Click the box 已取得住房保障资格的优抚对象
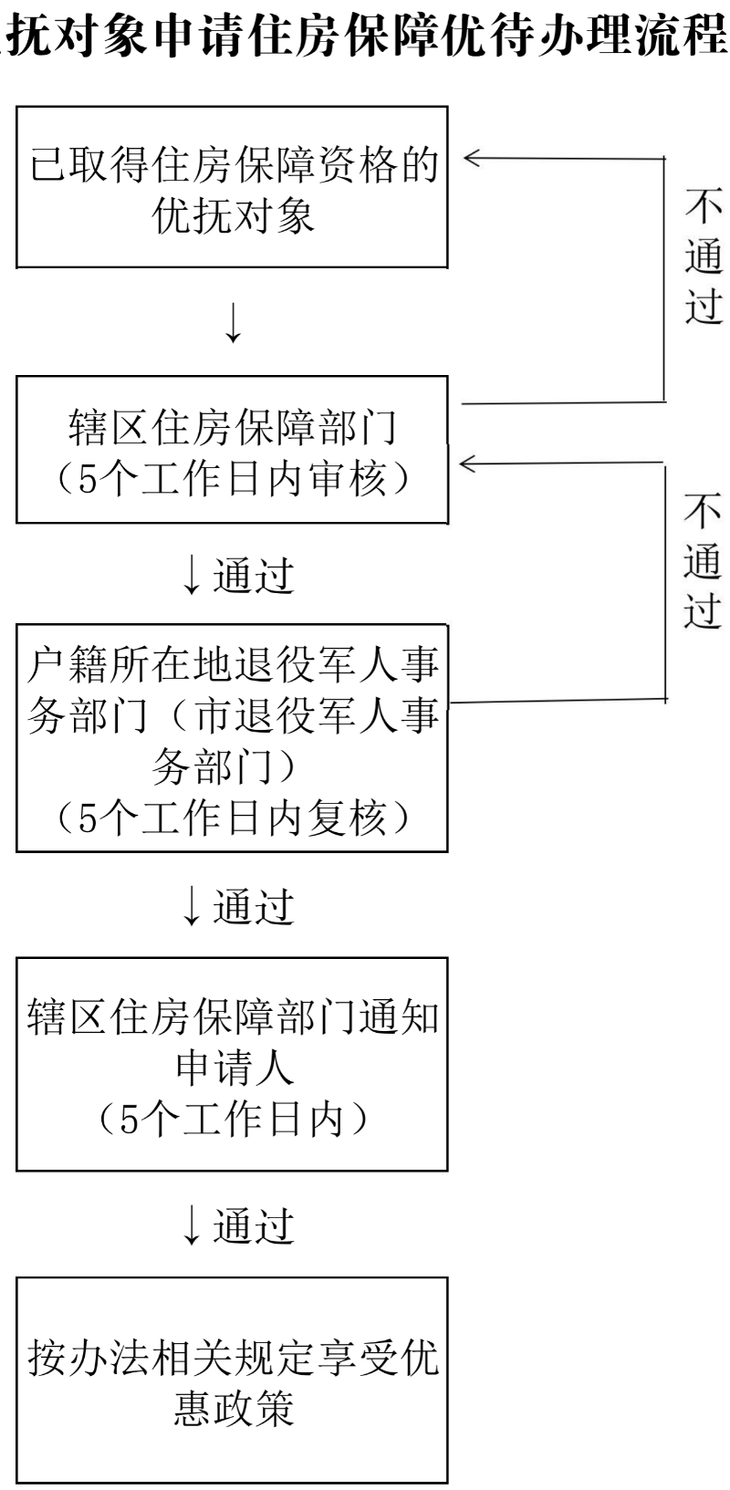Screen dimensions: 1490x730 (232, 187)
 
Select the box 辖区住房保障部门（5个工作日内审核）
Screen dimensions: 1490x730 (232, 449)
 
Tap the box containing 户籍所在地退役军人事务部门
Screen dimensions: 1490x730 (232, 738)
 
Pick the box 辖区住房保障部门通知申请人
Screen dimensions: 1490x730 (232, 1064)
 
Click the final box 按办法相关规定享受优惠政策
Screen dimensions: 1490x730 (232, 1380)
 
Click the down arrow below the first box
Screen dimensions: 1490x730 (234, 321)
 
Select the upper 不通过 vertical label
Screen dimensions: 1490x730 (704, 257)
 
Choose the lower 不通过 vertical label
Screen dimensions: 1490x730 (704, 563)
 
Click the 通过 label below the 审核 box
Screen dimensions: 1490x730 (253, 576)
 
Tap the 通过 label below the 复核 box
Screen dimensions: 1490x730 (253, 906)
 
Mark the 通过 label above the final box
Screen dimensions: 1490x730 (253, 1226)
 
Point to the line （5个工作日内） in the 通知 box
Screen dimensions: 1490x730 (232, 1120)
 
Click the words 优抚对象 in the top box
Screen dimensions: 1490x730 (234, 218)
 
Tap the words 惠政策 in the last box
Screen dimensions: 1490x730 (234, 1409)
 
